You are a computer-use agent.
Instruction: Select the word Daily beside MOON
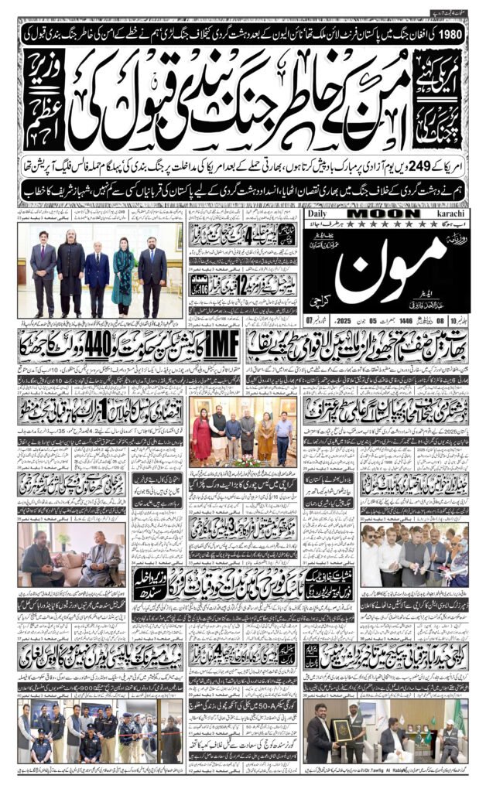click(x=321, y=213)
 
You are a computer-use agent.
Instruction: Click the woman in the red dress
click(x=203, y=439)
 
